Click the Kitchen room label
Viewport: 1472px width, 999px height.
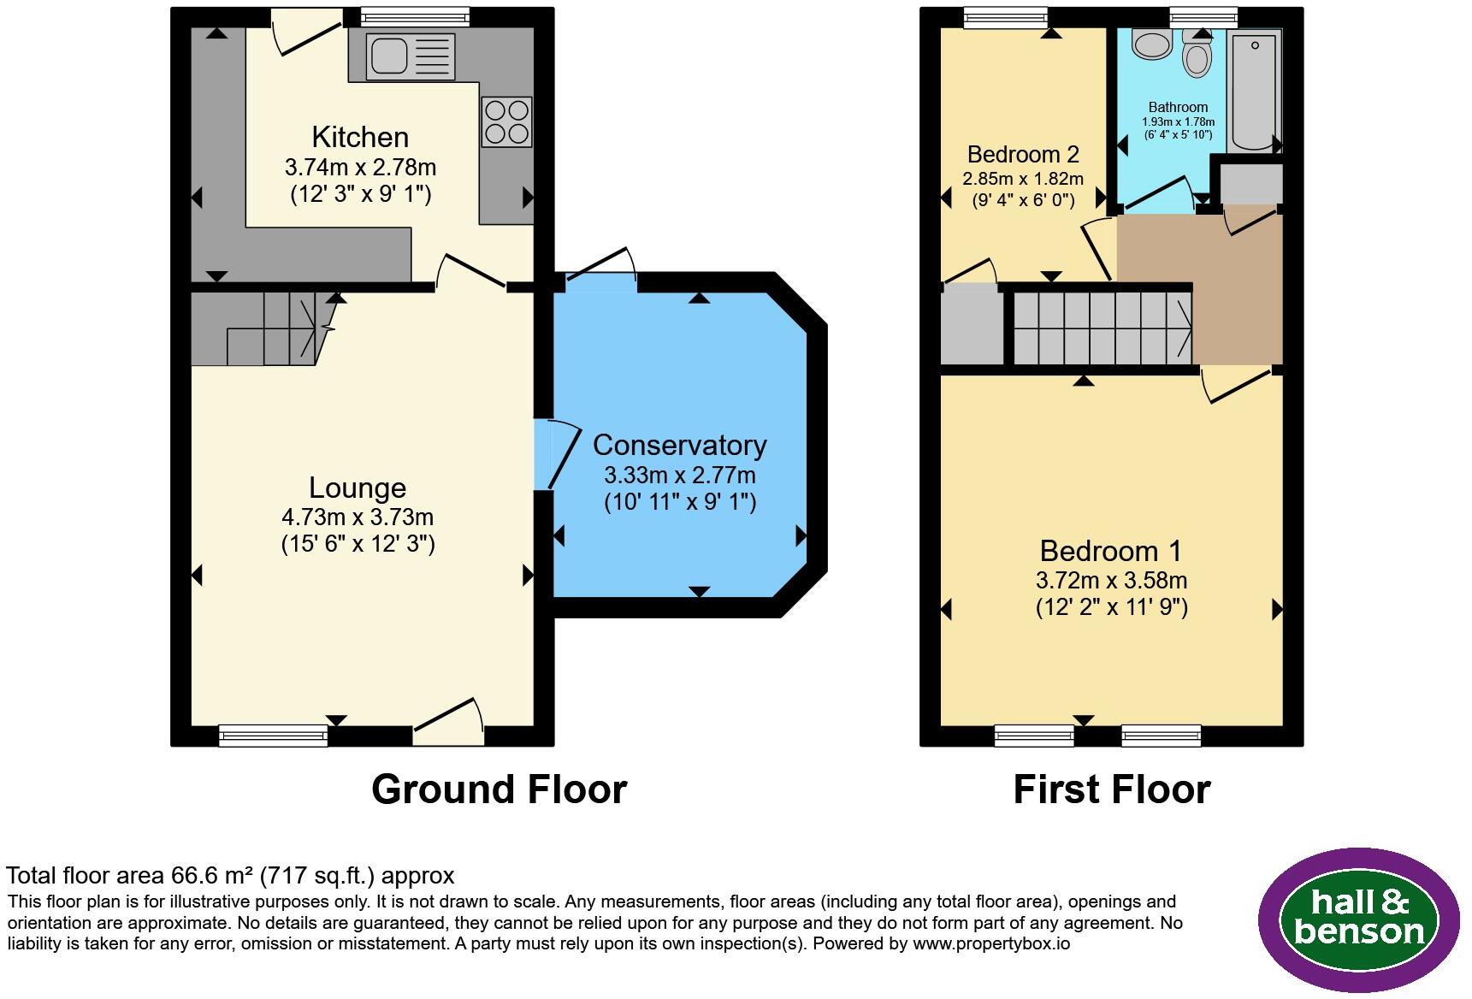360,137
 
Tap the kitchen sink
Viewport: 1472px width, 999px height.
410,56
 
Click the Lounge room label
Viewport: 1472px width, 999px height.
358,488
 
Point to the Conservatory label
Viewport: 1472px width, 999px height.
680,445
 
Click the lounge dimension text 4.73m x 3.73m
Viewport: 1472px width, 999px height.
358,517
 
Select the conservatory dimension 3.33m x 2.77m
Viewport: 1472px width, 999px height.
680,475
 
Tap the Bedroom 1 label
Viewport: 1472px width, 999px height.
1111,550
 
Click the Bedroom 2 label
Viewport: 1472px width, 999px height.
1023,154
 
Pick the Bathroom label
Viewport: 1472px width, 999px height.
1178,107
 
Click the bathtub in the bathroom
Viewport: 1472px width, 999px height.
1255,90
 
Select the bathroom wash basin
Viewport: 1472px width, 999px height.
1151,44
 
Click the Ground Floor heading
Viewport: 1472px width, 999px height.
500,789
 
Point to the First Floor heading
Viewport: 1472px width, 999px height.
1112,789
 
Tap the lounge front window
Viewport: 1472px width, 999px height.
274,736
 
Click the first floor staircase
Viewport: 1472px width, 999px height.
1103,328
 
